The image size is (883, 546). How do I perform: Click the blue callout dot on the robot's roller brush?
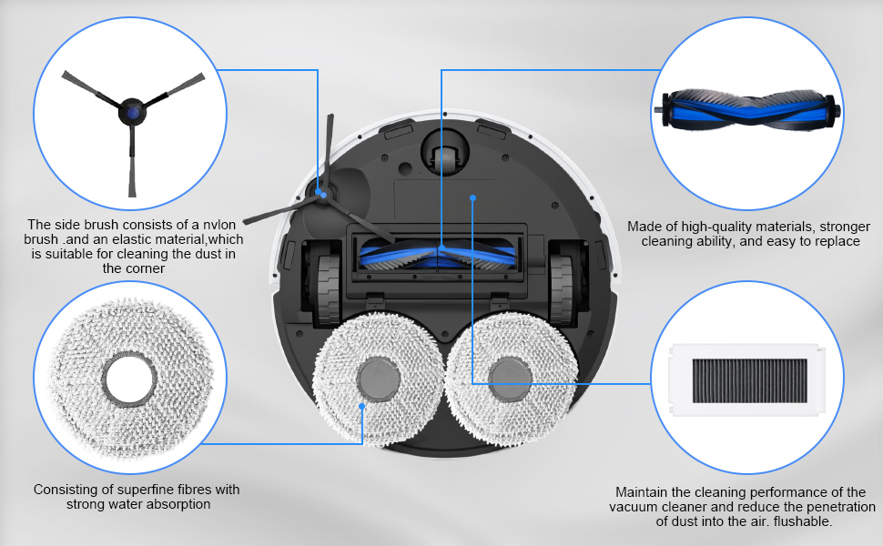point(441,247)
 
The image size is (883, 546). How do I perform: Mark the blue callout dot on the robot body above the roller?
point(472,196)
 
